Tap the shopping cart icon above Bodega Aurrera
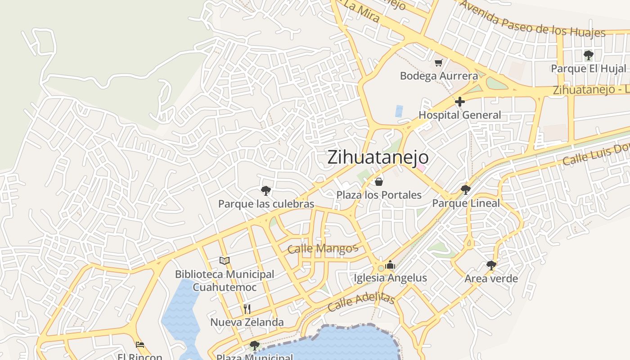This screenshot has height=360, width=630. click(438, 63)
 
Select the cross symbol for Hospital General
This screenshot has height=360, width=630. click(459, 102)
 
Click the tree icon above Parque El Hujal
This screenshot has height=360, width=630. click(588, 55)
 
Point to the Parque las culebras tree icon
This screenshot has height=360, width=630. click(266, 191)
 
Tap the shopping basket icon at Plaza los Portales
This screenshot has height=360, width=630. click(379, 182)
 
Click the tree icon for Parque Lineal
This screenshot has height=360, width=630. click(466, 190)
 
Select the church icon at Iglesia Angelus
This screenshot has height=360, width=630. click(390, 265)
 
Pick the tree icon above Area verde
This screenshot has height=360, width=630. click(491, 265)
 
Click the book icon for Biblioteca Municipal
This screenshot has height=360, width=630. click(225, 261)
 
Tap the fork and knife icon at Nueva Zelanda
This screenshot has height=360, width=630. click(247, 309)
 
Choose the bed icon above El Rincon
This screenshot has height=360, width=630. click(140, 345)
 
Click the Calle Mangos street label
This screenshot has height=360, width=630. click(322, 248)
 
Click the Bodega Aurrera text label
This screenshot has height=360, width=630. click(439, 76)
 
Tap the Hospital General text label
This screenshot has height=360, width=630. click(459, 115)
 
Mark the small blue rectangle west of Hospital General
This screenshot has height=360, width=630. click(399, 111)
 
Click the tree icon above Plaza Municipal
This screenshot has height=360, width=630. click(255, 346)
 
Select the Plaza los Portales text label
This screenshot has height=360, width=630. click(379, 195)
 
